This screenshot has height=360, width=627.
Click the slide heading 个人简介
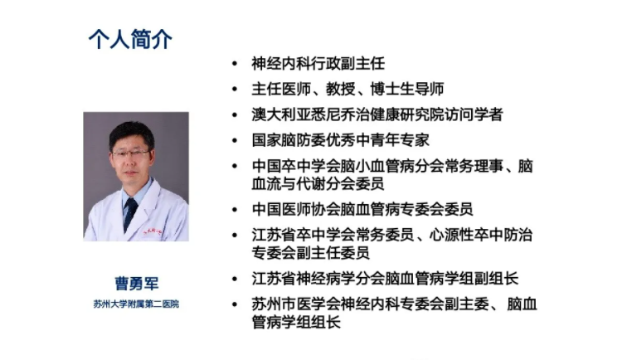130,39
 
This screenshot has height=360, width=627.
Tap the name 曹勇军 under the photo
136,284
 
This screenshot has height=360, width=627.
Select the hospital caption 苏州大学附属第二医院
136,304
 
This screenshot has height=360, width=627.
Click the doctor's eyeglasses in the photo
131,153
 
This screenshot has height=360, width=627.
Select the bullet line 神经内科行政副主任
318,64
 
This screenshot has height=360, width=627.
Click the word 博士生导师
407,89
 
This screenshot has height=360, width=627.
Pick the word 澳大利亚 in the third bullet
281,114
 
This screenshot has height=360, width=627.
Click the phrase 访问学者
474,114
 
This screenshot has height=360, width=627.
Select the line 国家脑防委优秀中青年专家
341,140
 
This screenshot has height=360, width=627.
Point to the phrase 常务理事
474,166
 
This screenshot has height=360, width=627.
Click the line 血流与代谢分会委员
318,183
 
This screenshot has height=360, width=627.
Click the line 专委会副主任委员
311,253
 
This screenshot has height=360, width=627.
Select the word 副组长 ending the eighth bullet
496,279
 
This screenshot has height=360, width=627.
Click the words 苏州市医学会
296,304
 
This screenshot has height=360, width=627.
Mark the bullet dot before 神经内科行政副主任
235,64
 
